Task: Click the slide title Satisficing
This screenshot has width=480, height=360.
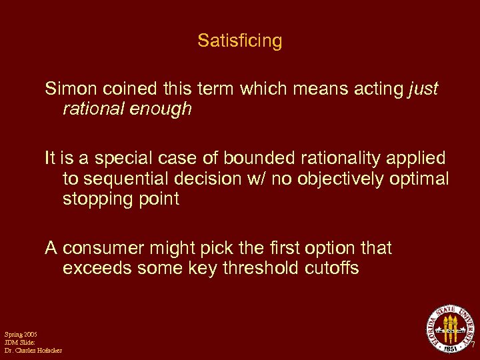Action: tap(240, 41)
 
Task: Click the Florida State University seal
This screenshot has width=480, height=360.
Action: tap(451, 328)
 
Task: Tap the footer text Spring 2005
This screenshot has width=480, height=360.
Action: tap(21, 333)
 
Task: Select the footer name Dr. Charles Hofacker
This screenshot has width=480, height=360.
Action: tap(33, 351)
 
